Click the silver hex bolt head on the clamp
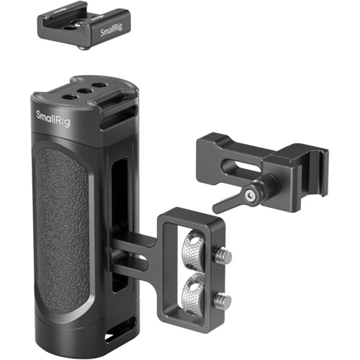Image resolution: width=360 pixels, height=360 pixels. pos(250,194)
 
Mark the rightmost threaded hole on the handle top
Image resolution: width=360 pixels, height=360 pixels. pos(96,87)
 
